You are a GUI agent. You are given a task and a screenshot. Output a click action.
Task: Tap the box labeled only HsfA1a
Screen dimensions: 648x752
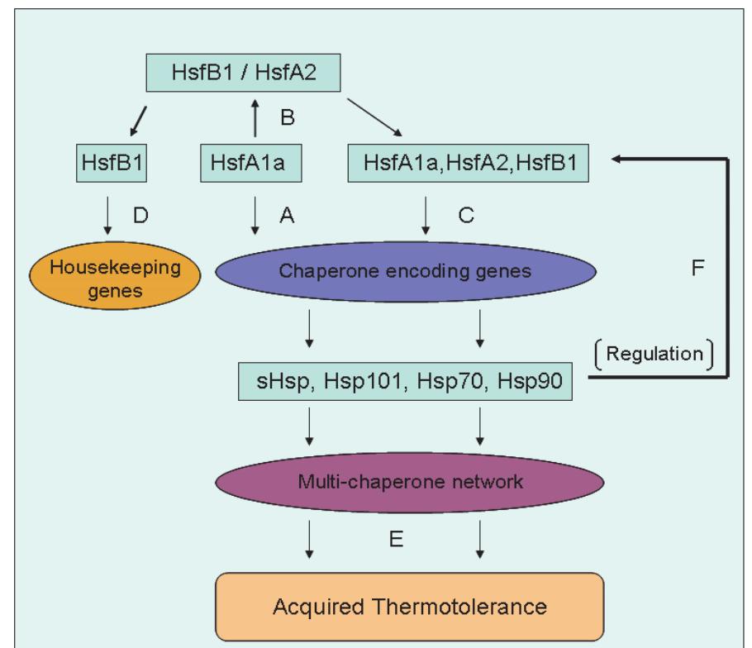click(x=249, y=165)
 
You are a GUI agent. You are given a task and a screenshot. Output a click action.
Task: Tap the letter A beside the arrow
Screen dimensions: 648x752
click(x=286, y=217)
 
